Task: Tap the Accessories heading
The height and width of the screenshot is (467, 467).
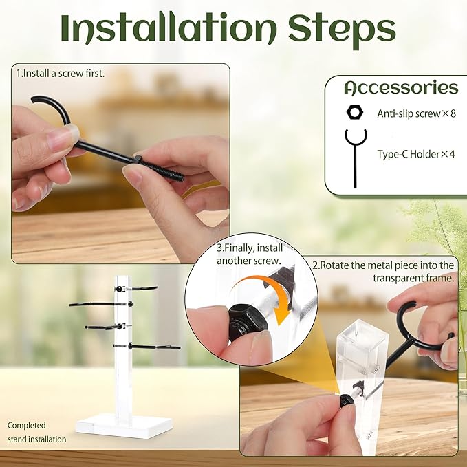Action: pos(401,88)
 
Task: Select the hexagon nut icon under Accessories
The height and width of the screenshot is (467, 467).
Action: pos(356,112)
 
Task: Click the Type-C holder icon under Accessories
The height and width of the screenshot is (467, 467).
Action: pos(355,155)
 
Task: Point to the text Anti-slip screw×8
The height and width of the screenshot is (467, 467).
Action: pos(416,113)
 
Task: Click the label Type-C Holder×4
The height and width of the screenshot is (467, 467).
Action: pos(415,154)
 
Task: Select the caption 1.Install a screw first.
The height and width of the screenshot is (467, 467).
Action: pos(61,72)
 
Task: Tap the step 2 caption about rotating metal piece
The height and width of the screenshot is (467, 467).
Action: pos(383,271)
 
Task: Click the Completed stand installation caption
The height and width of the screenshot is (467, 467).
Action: pos(37,432)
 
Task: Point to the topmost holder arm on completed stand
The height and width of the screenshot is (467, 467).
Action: pos(141,287)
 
